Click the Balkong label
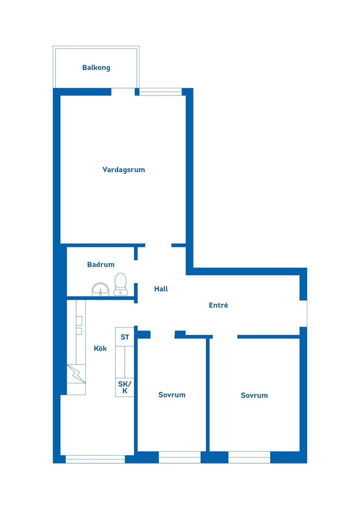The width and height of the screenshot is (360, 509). (x=96, y=68)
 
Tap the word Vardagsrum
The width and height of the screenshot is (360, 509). (x=123, y=170)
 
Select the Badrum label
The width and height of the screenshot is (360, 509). (x=100, y=265)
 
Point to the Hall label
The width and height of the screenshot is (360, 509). (x=161, y=289)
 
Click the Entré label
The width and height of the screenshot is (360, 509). (x=218, y=305)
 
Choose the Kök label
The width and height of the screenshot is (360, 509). (x=100, y=349)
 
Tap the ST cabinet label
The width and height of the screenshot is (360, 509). (x=124, y=337)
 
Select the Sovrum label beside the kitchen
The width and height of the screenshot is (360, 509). (x=172, y=395)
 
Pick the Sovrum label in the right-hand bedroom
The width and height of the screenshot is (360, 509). (x=254, y=395)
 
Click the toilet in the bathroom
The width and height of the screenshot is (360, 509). (x=120, y=284)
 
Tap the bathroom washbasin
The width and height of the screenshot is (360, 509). (x=100, y=290)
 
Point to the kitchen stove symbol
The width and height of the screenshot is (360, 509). (x=76, y=374)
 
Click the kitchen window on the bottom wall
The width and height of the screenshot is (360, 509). (x=95, y=459)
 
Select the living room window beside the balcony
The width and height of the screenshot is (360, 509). (x=160, y=91)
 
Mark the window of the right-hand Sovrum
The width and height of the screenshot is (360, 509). (x=249, y=457)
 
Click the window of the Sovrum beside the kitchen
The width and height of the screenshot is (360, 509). (x=180, y=457)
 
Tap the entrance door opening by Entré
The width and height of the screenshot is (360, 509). (x=303, y=314)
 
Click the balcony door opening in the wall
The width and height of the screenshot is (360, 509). (x=123, y=92)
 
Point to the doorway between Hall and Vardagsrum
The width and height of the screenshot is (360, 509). (x=158, y=246)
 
